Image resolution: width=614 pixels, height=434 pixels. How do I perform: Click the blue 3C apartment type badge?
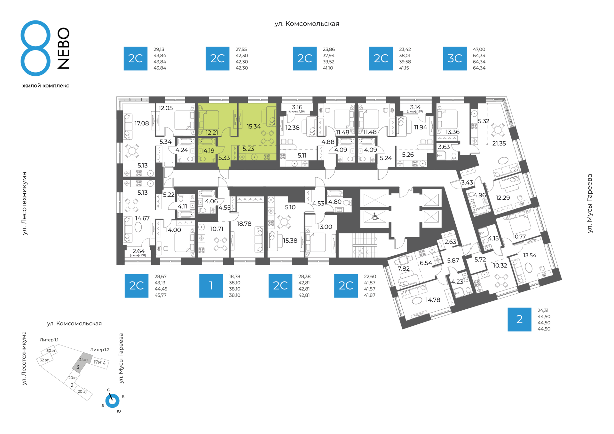tap(455, 58)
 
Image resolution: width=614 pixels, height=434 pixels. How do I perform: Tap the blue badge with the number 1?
tap(211, 286)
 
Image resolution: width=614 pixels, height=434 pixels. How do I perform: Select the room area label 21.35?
tap(499, 143)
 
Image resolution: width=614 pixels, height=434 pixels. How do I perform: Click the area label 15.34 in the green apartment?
tap(254, 127)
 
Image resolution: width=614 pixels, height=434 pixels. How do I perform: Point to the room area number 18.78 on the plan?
tap(244, 224)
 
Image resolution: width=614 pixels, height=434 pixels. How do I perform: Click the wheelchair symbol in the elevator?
tap(375, 217)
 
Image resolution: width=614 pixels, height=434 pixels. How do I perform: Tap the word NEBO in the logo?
tap(64, 48)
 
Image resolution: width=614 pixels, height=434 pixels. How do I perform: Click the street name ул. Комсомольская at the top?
tap(307, 24)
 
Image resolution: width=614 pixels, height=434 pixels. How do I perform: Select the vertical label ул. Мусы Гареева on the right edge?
tap(590, 204)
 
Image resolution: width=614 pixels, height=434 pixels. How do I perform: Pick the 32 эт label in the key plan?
tap(44, 360)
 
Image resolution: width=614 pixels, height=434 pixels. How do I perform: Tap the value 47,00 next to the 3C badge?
tap(479, 49)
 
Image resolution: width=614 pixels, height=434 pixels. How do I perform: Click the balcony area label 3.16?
tap(297, 107)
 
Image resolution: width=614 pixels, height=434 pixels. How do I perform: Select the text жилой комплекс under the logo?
tap(46, 86)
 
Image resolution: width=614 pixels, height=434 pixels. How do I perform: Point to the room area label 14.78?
tap(433, 300)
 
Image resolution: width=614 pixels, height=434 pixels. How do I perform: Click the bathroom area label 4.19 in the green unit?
tap(209, 151)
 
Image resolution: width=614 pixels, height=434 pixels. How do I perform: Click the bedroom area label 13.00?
tap(325, 227)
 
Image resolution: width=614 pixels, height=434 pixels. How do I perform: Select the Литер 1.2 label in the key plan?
tap(100, 350)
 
